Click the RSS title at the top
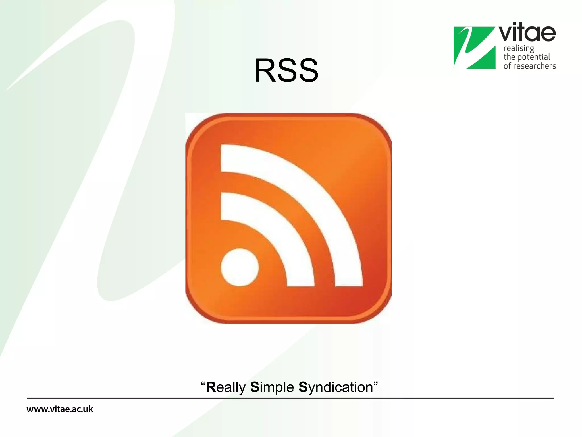coord(286,71)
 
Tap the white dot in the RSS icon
coord(240,267)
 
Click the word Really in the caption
coord(226,387)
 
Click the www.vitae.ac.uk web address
coord(60,409)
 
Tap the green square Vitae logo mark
coord(474,48)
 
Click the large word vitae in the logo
coord(527,33)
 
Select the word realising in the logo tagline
coord(519,49)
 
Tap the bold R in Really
coord(211,387)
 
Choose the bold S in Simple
coord(254,387)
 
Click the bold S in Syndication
coord(303,387)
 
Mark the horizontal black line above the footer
coord(290,398)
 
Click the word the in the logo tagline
coord(509,57)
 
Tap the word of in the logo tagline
coord(507,66)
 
